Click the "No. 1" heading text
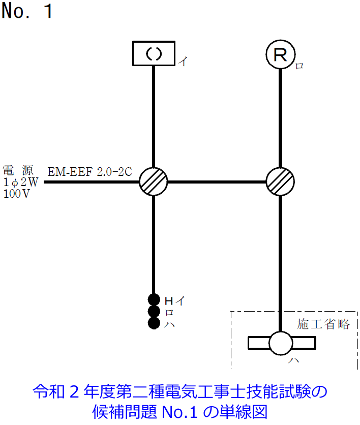click(x=27, y=11)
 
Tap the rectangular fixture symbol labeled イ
click(x=154, y=53)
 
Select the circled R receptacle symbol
click(x=280, y=54)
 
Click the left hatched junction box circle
click(x=154, y=181)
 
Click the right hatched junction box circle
click(x=280, y=181)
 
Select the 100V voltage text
click(x=17, y=193)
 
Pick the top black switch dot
click(x=154, y=299)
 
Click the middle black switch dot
click(x=154, y=311)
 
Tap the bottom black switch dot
click(x=154, y=323)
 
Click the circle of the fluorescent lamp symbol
click(x=281, y=343)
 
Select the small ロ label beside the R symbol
click(x=299, y=66)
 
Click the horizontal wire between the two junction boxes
click(x=217, y=181)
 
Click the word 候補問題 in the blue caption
click(x=122, y=410)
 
